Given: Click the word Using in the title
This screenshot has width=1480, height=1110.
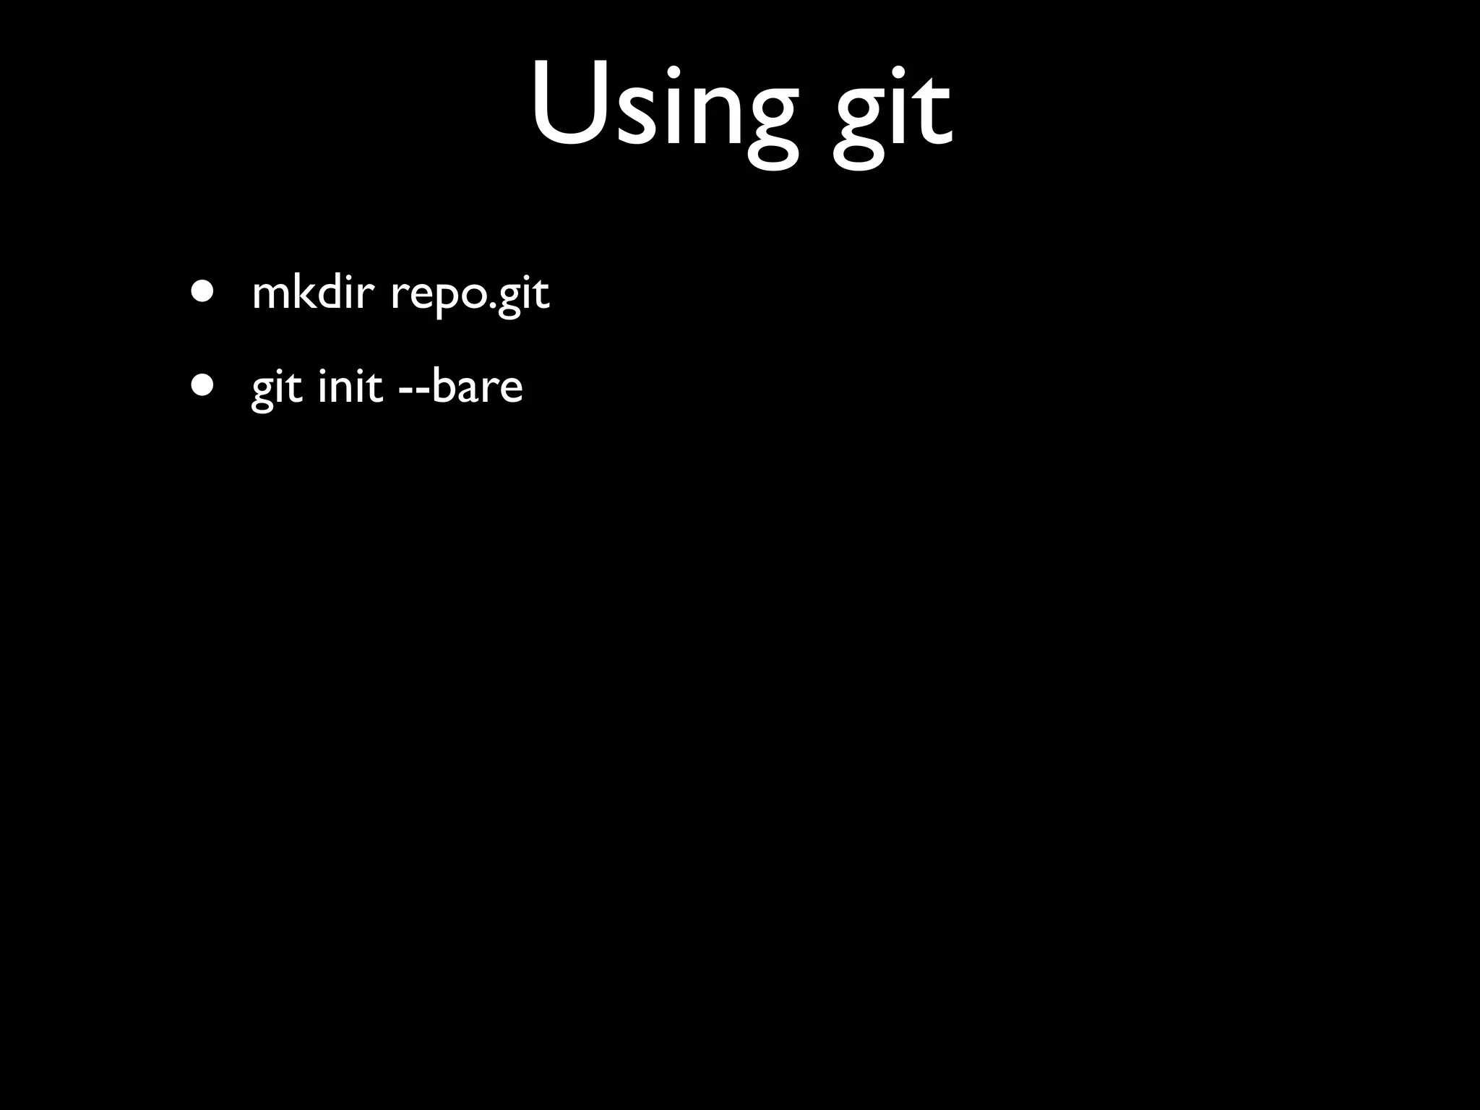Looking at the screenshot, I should [x=665, y=108].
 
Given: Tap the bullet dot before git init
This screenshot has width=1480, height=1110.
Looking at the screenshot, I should [x=203, y=385].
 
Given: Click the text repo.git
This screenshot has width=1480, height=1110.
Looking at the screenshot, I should [x=470, y=295].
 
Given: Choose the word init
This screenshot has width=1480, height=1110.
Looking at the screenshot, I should [x=350, y=386].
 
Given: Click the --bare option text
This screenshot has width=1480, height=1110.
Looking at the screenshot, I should [x=460, y=386].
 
